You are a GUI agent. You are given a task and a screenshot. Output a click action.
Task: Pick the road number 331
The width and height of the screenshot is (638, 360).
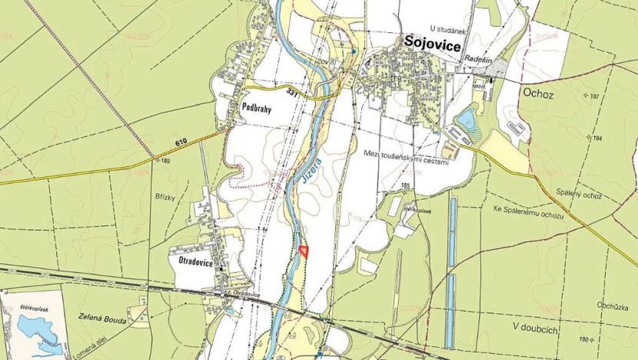coord(291,92)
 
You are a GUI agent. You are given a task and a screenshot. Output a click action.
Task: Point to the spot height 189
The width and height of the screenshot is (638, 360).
coord(164,161)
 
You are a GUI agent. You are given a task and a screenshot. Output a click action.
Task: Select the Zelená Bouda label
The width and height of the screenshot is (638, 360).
coord(96,316)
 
